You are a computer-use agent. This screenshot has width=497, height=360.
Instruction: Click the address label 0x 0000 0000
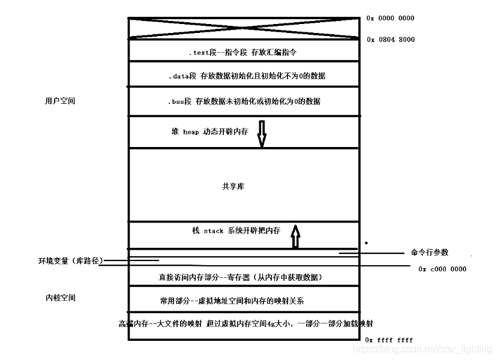click(x=390, y=18)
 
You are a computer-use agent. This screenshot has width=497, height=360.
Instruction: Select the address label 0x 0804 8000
click(x=390, y=40)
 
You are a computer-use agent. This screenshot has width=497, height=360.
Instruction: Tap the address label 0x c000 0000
click(x=442, y=269)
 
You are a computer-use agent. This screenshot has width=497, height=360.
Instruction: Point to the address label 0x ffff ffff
click(x=389, y=340)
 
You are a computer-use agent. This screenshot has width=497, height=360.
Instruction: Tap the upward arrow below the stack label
click(x=295, y=235)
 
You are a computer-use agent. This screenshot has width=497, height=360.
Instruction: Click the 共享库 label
click(x=233, y=187)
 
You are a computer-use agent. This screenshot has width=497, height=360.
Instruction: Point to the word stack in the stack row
click(x=214, y=230)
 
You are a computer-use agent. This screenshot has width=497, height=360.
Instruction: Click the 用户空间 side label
click(x=60, y=101)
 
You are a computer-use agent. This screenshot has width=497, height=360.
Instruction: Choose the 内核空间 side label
click(x=60, y=298)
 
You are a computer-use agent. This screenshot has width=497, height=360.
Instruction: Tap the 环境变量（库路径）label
click(x=71, y=261)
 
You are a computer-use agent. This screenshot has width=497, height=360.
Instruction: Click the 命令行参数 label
click(x=429, y=253)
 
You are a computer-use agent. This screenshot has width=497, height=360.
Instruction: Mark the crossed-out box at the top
click(x=244, y=29)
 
